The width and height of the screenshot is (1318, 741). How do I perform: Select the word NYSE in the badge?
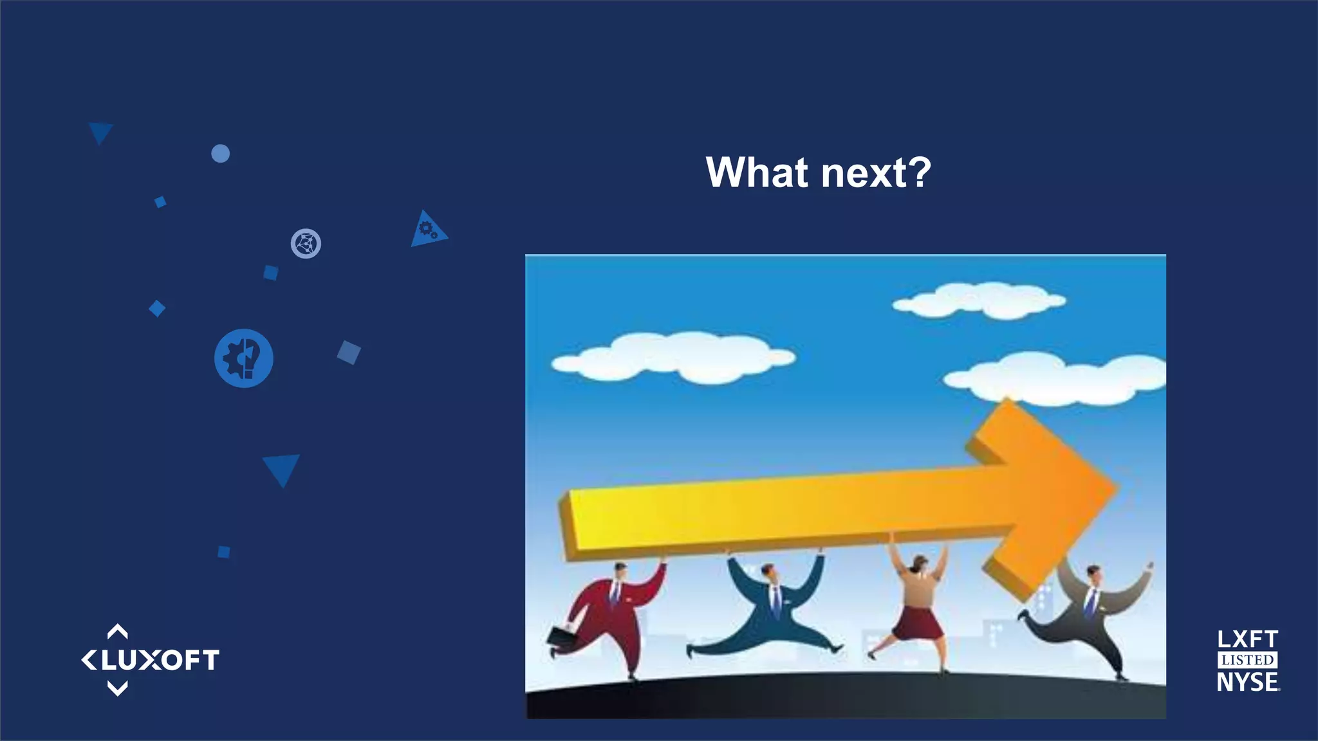1247,682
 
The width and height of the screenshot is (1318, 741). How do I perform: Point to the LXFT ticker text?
1247,639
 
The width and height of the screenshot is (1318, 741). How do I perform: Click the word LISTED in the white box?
1247,661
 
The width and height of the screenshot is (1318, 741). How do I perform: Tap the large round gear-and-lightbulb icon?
243,358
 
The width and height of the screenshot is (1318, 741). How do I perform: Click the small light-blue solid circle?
221,154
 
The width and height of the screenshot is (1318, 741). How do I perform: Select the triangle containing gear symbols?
427,230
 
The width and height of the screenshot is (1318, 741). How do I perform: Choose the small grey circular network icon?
306,244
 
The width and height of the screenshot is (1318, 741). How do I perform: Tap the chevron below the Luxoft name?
117,689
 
